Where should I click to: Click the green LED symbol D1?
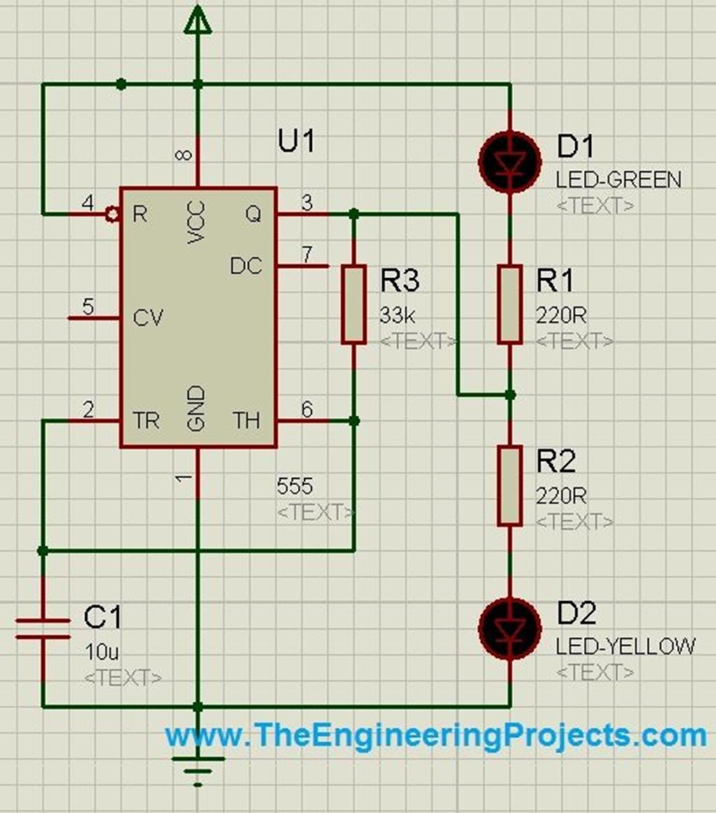tap(510, 161)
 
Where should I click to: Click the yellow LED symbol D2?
tap(510, 628)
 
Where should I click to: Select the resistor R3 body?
tap(354, 304)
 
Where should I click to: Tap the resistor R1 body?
tap(510, 304)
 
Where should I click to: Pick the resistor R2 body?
tap(510, 486)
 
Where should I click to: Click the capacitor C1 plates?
tap(43, 628)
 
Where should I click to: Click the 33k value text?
tap(396, 315)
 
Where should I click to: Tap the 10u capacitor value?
tap(101, 653)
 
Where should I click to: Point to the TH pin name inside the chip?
tap(246, 420)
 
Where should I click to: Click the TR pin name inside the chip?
tap(145, 420)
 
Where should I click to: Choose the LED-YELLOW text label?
tap(625, 646)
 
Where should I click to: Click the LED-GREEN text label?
tap(618, 180)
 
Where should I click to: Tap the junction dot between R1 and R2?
tap(510, 396)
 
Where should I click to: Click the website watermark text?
tap(436, 735)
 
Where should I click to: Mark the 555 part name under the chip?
tap(295, 485)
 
